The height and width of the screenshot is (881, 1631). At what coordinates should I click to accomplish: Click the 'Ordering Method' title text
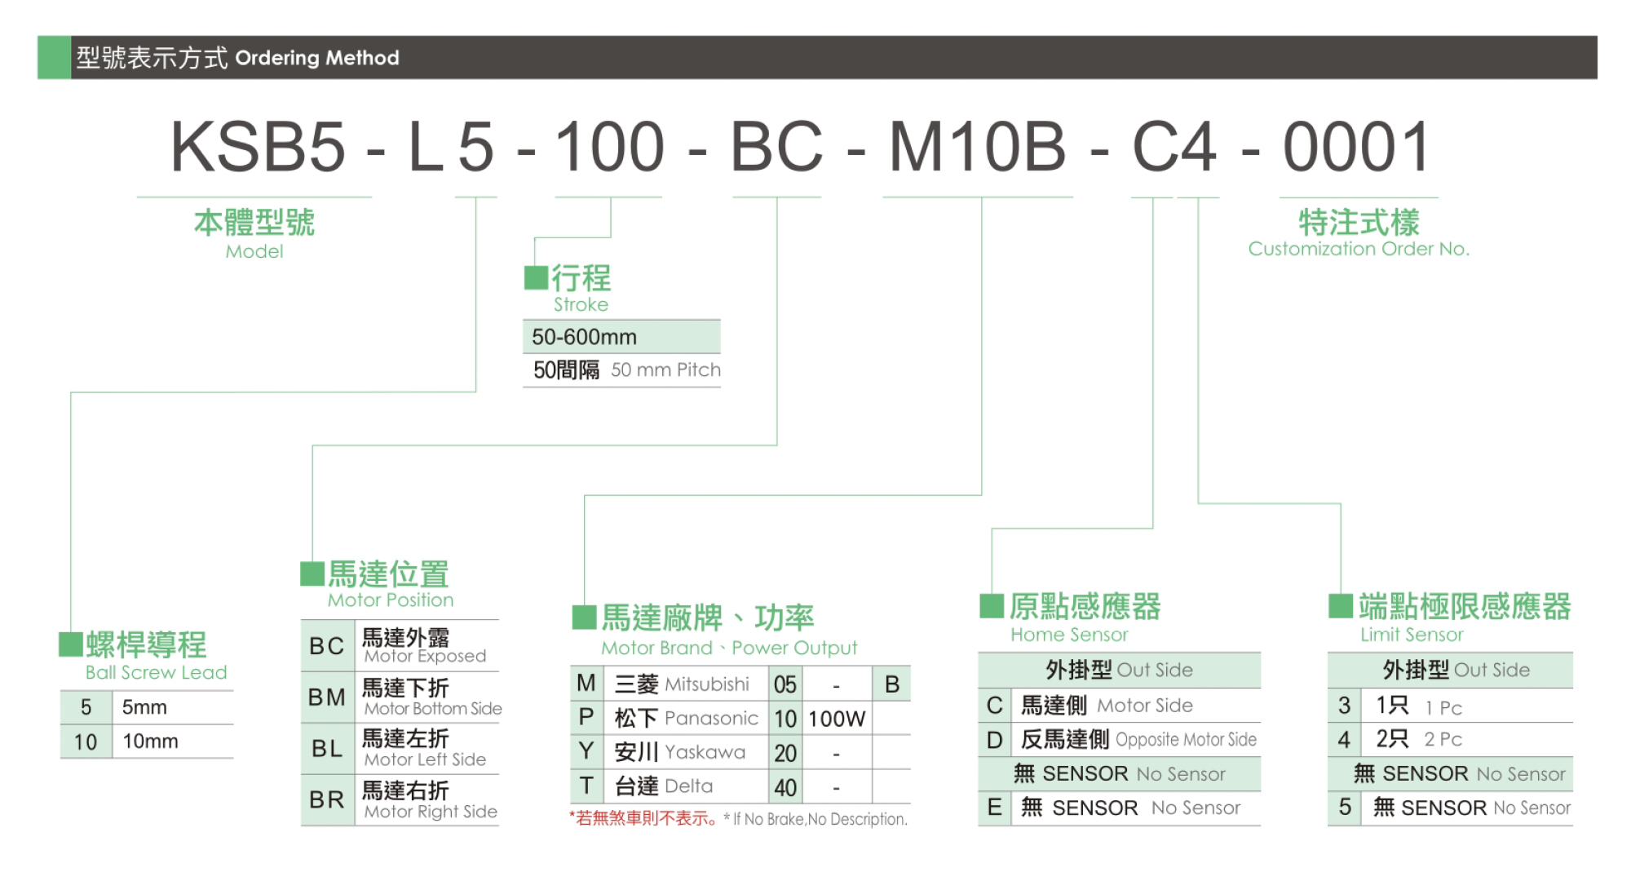(317, 58)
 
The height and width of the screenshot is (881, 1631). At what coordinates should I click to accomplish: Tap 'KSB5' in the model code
(259, 147)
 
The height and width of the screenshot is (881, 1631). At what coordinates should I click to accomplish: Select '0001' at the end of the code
(1357, 147)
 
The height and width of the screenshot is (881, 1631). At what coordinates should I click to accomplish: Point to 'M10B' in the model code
(977, 147)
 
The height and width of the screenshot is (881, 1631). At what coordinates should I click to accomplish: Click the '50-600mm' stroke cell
(584, 337)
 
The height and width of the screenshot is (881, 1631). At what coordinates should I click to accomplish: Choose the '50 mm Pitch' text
(665, 370)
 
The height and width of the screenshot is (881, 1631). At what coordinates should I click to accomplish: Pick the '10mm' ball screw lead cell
(150, 742)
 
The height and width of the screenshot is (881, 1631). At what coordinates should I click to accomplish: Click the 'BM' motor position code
(326, 697)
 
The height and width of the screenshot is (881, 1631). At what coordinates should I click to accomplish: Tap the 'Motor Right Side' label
(431, 812)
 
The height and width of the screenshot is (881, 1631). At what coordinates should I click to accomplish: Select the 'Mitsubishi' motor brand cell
(706, 684)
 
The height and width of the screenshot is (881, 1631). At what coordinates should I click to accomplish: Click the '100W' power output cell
(837, 719)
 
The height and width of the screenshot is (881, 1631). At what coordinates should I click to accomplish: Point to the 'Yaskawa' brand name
(705, 752)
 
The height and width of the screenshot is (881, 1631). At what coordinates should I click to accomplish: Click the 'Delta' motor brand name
(688, 786)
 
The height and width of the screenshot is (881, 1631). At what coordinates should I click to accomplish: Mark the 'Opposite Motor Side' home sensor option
(1186, 740)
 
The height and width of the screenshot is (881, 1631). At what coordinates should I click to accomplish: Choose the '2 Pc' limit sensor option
(1443, 739)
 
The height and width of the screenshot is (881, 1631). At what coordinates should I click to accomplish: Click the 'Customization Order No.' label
(1359, 249)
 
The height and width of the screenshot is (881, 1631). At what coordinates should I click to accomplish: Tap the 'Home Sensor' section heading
(1069, 635)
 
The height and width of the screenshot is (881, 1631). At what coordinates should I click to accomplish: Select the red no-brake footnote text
(644, 818)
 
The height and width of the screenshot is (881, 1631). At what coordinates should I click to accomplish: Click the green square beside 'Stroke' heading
(536, 277)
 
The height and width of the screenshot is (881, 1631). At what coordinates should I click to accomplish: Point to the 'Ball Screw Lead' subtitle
(156, 672)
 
